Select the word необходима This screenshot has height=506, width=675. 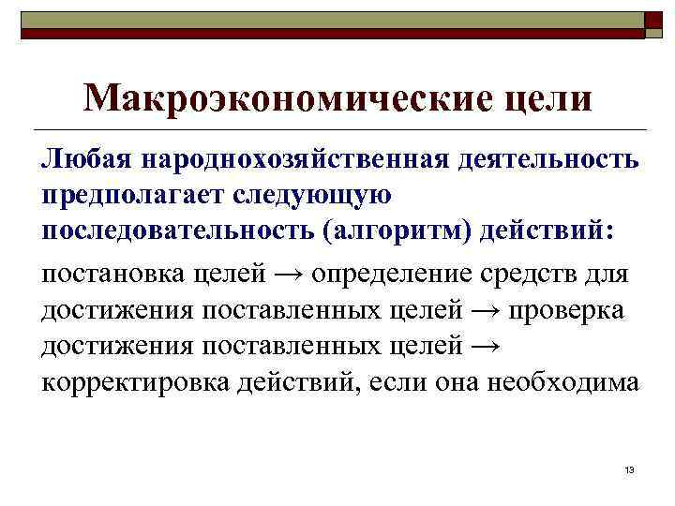565,383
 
